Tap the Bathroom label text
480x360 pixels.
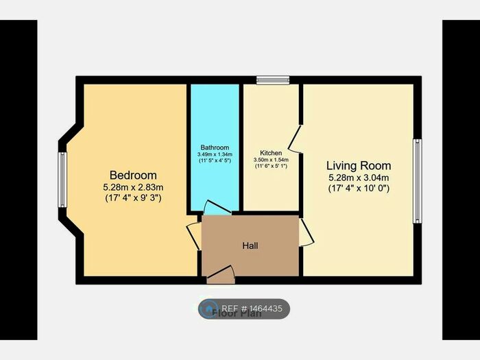(x=215, y=147)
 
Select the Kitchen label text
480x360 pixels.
(x=271, y=153)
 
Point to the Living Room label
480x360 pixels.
(x=359, y=166)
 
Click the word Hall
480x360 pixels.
(x=250, y=245)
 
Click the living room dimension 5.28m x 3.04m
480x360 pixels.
(x=359, y=178)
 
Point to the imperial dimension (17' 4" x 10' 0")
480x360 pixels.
(x=359, y=189)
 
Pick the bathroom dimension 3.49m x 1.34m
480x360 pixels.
(x=215, y=155)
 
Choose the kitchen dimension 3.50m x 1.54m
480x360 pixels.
(x=271, y=160)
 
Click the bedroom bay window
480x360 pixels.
(x=62, y=180)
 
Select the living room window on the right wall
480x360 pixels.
(x=416, y=181)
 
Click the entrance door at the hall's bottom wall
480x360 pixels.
(x=221, y=276)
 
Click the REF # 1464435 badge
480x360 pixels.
(x=244, y=309)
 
